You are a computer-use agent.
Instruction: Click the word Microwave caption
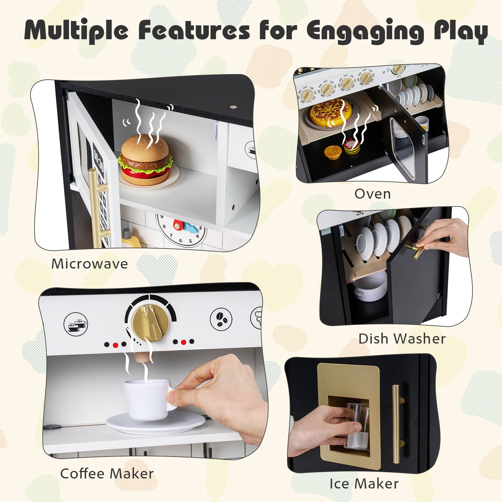tap(89, 264)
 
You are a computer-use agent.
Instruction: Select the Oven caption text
tap(372, 194)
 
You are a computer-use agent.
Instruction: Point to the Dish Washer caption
tap(402, 339)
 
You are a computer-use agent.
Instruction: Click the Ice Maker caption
tap(364, 483)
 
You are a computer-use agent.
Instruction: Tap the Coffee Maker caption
tap(107, 473)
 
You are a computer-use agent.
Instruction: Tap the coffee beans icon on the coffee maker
tap(222, 320)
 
